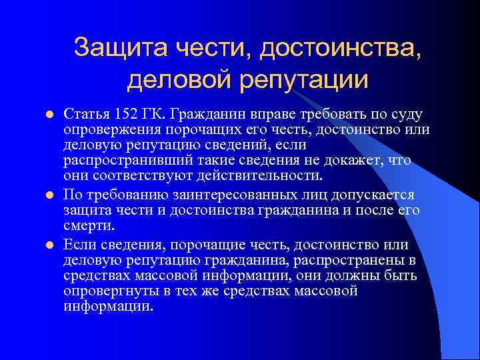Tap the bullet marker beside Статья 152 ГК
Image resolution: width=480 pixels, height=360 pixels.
coord(47,114)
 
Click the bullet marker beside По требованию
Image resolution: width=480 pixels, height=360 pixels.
coord(47,195)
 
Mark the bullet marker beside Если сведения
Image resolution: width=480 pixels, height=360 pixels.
coord(47,244)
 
